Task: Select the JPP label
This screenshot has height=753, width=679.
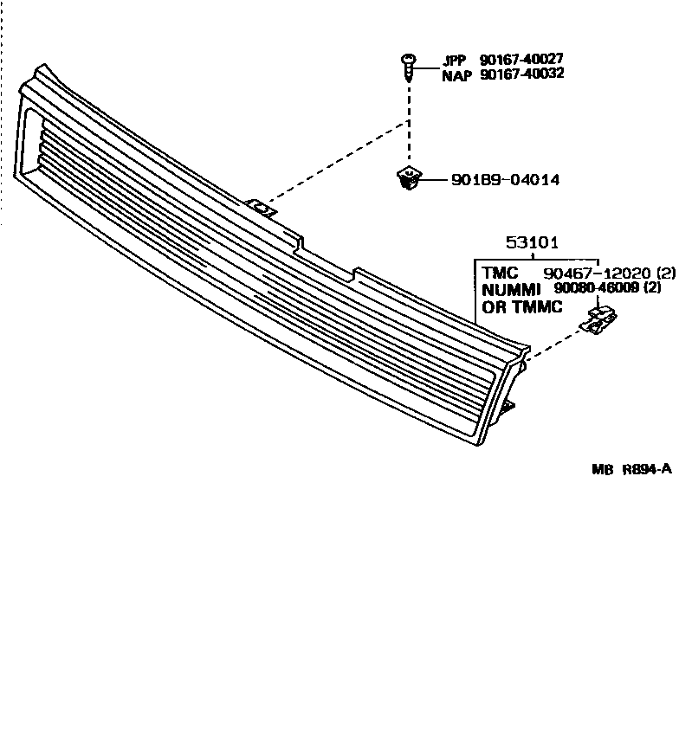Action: (x=454, y=61)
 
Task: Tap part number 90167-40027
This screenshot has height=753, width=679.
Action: (x=521, y=60)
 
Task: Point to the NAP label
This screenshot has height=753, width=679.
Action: (x=456, y=74)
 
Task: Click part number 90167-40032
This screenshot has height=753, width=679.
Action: (x=521, y=74)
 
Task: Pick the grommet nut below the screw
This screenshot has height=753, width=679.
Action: (x=407, y=179)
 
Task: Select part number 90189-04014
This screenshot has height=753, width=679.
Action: (x=505, y=180)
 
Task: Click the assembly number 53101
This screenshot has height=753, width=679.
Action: (x=531, y=245)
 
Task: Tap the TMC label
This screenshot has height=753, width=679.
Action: (x=500, y=272)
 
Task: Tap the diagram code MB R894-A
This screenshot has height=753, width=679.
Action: (x=631, y=469)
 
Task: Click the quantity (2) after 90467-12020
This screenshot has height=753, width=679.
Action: (x=665, y=272)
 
